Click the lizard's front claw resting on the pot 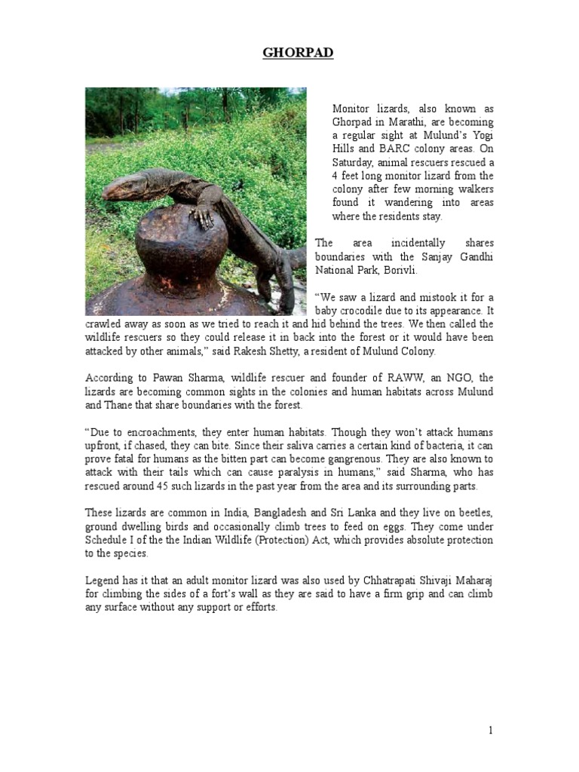point(202,218)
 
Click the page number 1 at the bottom point(490,731)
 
